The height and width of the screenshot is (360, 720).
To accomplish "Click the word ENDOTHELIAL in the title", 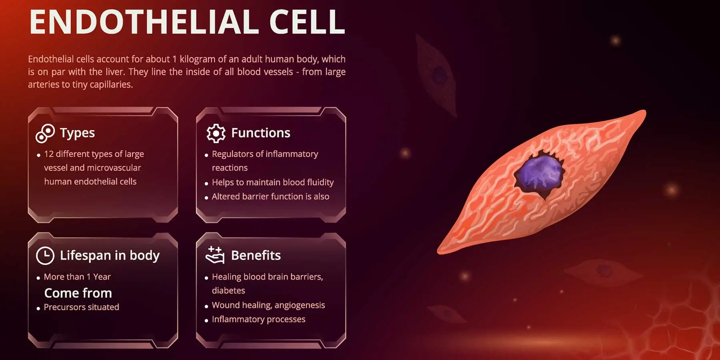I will (x=144, y=22).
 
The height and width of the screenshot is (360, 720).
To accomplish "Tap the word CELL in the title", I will (x=307, y=22).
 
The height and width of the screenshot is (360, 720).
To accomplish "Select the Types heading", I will (x=77, y=133).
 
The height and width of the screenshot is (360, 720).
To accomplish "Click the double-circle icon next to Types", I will (x=45, y=133).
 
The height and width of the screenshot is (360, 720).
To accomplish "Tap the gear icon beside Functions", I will (x=216, y=133).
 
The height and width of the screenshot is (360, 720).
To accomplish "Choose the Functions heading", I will (x=261, y=133).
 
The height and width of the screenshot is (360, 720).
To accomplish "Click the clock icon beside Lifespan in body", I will (x=45, y=256).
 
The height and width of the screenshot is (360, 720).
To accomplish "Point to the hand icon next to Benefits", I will (x=215, y=255).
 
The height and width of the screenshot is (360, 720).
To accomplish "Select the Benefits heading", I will (x=256, y=255).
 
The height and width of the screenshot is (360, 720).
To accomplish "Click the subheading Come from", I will (x=78, y=293).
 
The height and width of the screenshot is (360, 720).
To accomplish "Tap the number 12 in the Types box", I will (x=49, y=154).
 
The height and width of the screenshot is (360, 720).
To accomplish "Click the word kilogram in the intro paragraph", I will (x=197, y=59).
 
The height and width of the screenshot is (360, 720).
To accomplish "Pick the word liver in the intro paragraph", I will (x=115, y=72).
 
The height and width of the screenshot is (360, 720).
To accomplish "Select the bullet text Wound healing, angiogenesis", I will (x=268, y=305).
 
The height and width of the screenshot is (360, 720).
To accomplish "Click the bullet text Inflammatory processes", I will (x=258, y=319).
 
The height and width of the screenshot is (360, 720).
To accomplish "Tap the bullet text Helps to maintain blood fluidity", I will (x=272, y=182).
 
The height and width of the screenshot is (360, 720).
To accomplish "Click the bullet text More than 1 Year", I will (x=77, y=277).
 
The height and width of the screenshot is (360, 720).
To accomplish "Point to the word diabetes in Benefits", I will (x=228, y=291).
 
